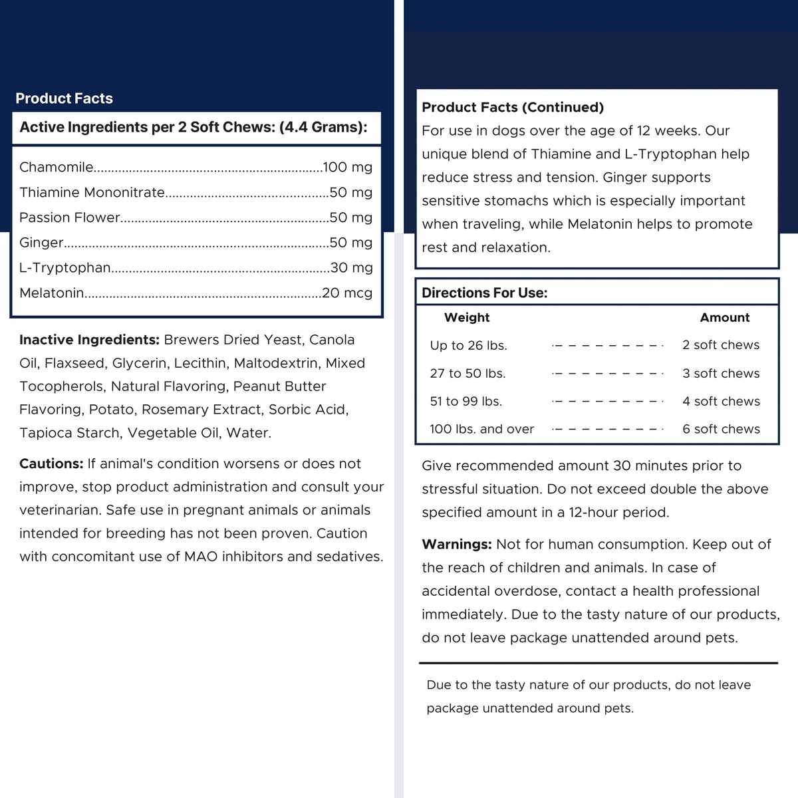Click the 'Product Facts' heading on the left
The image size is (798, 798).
pos(64,98)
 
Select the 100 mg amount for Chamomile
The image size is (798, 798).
pos(347,168)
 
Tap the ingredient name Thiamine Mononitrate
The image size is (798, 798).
pos(92,193)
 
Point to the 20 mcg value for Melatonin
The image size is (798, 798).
pos(347,293)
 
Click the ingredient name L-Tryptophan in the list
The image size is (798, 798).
pos(65,268)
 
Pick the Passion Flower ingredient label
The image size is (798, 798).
pos(70,217)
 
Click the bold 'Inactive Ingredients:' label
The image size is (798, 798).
pos(89,340)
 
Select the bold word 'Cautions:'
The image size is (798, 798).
pos(51,464)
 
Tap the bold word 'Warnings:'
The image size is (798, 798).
pos(457,545)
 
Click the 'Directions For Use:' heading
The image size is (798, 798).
pos(485,293)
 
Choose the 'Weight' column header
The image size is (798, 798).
pos(467,318)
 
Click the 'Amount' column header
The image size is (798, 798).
pos(725,318)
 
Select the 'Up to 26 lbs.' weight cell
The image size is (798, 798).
pos(468,346)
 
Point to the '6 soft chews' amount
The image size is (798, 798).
pos(721,430)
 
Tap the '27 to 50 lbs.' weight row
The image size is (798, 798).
pos(467,374)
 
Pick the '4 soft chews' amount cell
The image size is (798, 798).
pos(721,402)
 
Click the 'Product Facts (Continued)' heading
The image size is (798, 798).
pos(513,108)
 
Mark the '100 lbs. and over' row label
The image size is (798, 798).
pos(481,430)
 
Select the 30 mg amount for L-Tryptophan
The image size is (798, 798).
pos(351,268)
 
